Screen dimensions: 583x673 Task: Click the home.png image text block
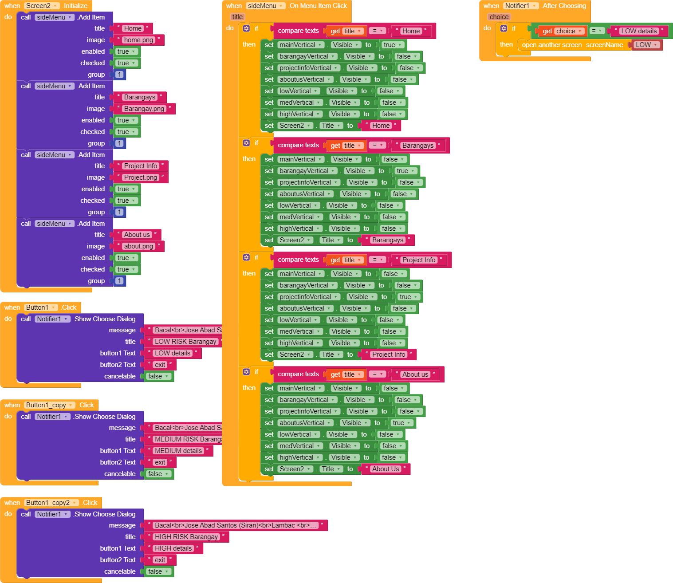click(x=138, y=40)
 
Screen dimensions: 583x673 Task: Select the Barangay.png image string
click(x=144, y=109)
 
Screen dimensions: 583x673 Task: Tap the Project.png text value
click(x=140, y=177)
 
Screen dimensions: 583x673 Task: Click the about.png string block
click(x=138, y=246)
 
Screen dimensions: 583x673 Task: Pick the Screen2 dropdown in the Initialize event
click(x=42, y=6)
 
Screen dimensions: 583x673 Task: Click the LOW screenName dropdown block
click(x=646, y=45)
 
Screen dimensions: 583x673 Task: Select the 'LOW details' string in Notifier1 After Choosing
click(x=638, y=31)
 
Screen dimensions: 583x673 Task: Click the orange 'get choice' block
click(x=562, y=31)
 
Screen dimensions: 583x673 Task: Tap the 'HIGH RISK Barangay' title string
click(x=186, y=537)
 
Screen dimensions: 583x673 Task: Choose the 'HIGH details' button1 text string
click(x=173, y=548)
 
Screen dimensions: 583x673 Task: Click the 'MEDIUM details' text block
click(x=178, y=451)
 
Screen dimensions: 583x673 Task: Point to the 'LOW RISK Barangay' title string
click(x=185, y=342)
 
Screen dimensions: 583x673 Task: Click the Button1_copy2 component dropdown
click(x=51, y=503)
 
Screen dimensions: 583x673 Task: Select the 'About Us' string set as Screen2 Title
click(x=386, y=469)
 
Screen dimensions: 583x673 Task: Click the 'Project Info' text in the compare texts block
click(x=419, y=260)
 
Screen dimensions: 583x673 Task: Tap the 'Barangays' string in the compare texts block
click(x=417, y=146)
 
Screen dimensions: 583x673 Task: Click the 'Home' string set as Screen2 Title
click(x=381, y=126)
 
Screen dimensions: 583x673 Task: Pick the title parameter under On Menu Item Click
click(x=238, y=17)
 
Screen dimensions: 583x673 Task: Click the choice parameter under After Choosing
click(x=499, y=17)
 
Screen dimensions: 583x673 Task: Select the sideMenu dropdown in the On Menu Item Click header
click(x=265, y=6)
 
